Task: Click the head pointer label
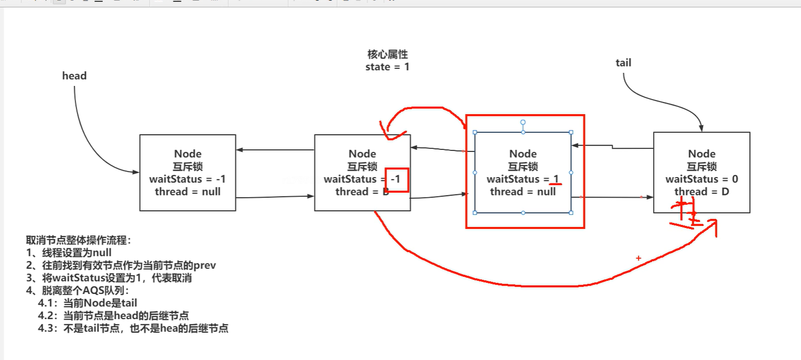pyautogui.click(x=74, y=76)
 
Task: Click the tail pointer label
pyautogui.click(x=623, y=63)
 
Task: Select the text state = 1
pyautogui.click(x=387, y=67)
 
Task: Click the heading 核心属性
pyautogui.click(x=387, y=54)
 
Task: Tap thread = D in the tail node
pyautogui.click(x=701, y=192)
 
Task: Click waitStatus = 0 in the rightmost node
pyautogui.click(x=701, y=179)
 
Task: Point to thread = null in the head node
pyautogui.click(x=188, y=192)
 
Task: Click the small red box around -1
pyautogui.click(x=396, y=180)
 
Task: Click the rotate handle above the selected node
pyautogui.click(x=523, y=122)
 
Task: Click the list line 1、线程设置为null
pyautogui.click(x=69, y=253)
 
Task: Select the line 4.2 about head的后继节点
pyautogui.click(x=113, y=316)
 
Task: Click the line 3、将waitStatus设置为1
pyautogui.click(x=112, y=278)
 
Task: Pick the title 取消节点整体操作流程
pyautogui.click(x=79, y=241)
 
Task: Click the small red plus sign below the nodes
pyautogui.click(x=638, y=258)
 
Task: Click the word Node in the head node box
pyautogui.click(x=188, y=154)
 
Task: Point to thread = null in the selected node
pyautogui.click(x=523, y=192)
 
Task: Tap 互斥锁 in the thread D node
pyautogui.click(x=701, y=167)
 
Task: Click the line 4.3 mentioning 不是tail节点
pyautogui.click(x=133, y=329)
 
